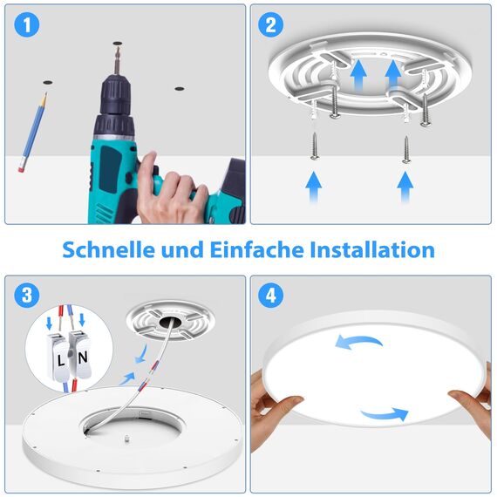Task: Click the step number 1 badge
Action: (x=30, y=26)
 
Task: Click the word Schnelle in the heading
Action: (x=110, y=250)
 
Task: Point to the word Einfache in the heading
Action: (x=257, y=250)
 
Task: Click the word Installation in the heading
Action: (x=373, y=250)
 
